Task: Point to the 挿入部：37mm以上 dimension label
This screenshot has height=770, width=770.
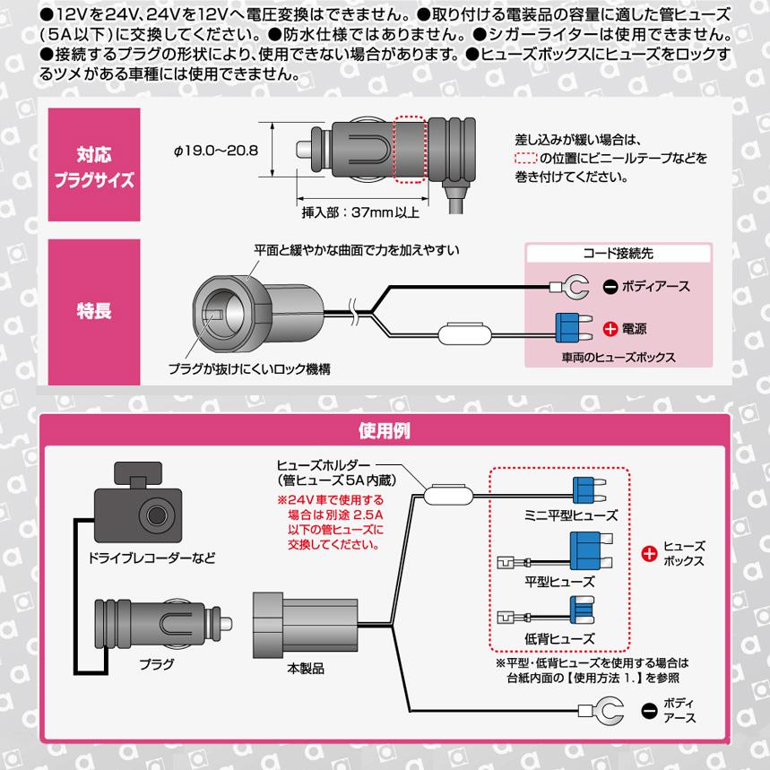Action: [x=360, y=214]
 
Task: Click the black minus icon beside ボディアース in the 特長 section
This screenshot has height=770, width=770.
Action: [x=610, y=287]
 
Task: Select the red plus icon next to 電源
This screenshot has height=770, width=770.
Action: [x=610, y=329]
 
